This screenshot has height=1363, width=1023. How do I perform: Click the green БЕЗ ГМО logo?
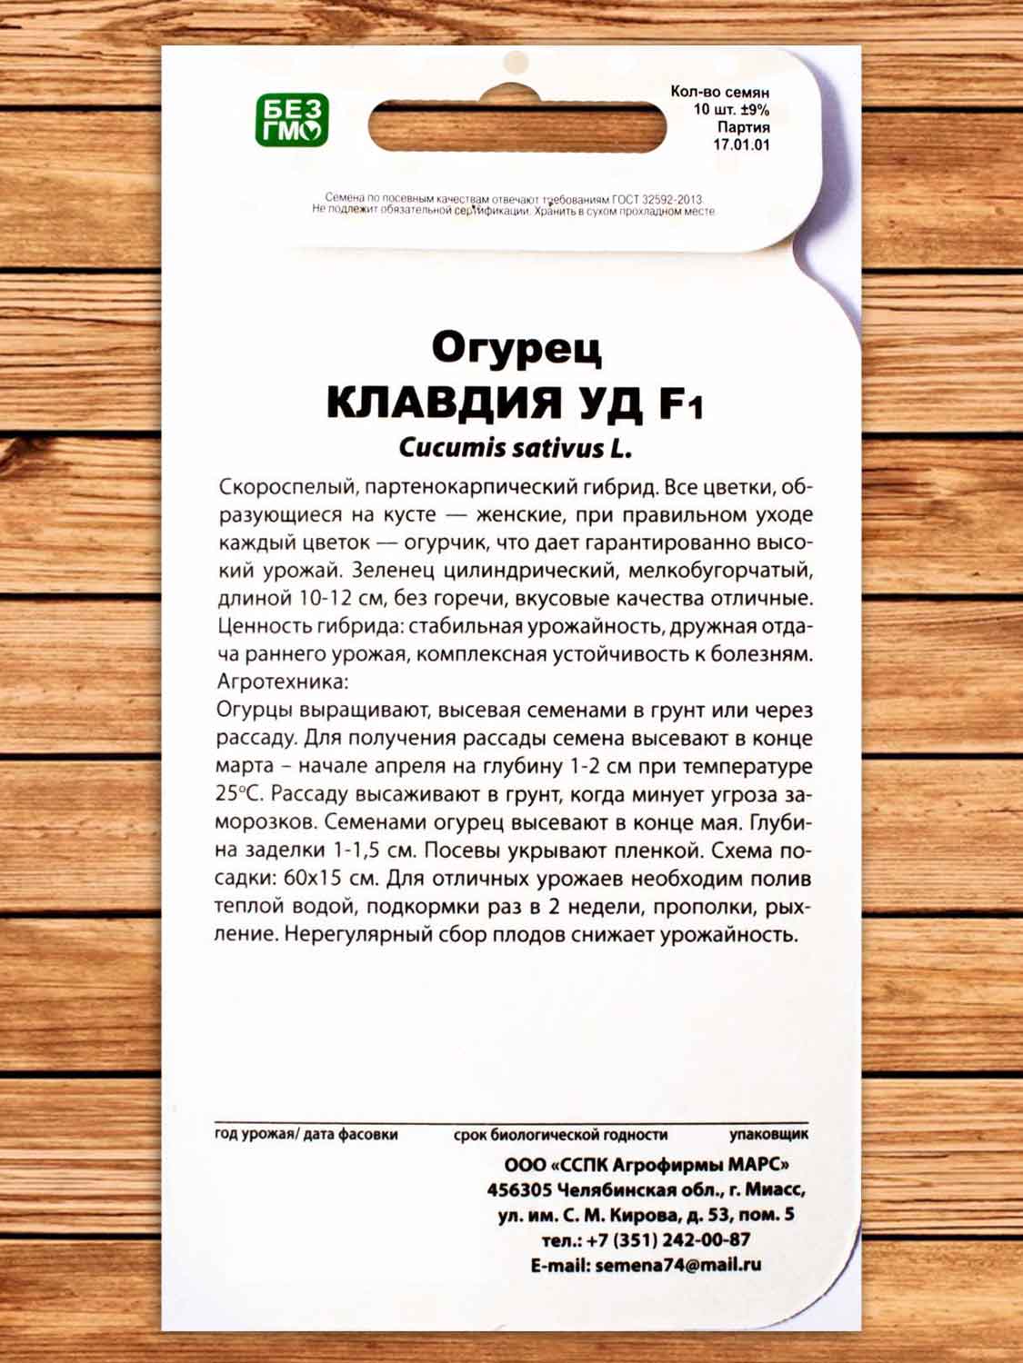[x=291, y=120]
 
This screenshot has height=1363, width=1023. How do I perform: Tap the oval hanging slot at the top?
[x=517, y=125]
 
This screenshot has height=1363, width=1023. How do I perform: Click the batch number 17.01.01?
[x=741, y=144]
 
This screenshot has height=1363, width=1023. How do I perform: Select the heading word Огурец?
[x=516, y=348]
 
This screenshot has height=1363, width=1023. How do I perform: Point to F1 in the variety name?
[x=680, y=404]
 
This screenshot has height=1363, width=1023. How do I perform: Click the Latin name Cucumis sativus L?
[x=515, y=448]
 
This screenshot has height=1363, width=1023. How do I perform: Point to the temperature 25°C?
[x=239, y=793]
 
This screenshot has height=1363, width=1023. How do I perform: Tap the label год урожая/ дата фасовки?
[x=306, y=1134]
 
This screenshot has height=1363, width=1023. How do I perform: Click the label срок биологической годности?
[x=560, y=1134]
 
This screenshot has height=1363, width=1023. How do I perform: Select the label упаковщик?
[x=768, y=1134]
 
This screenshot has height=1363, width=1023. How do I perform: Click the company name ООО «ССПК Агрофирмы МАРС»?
[x=647, y=1165]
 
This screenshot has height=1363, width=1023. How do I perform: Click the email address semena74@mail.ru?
[x=677, y=1265]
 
